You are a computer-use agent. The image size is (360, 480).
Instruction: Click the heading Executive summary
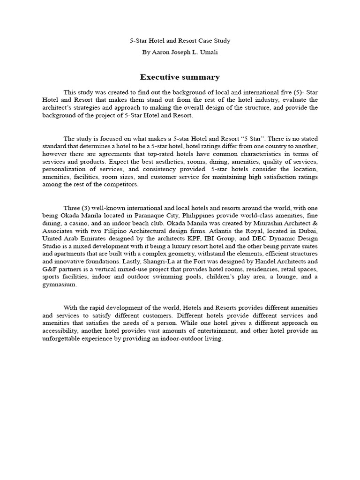(x=180, y=77)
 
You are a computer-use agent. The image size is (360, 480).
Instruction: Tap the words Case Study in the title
(x=213, y=41)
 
